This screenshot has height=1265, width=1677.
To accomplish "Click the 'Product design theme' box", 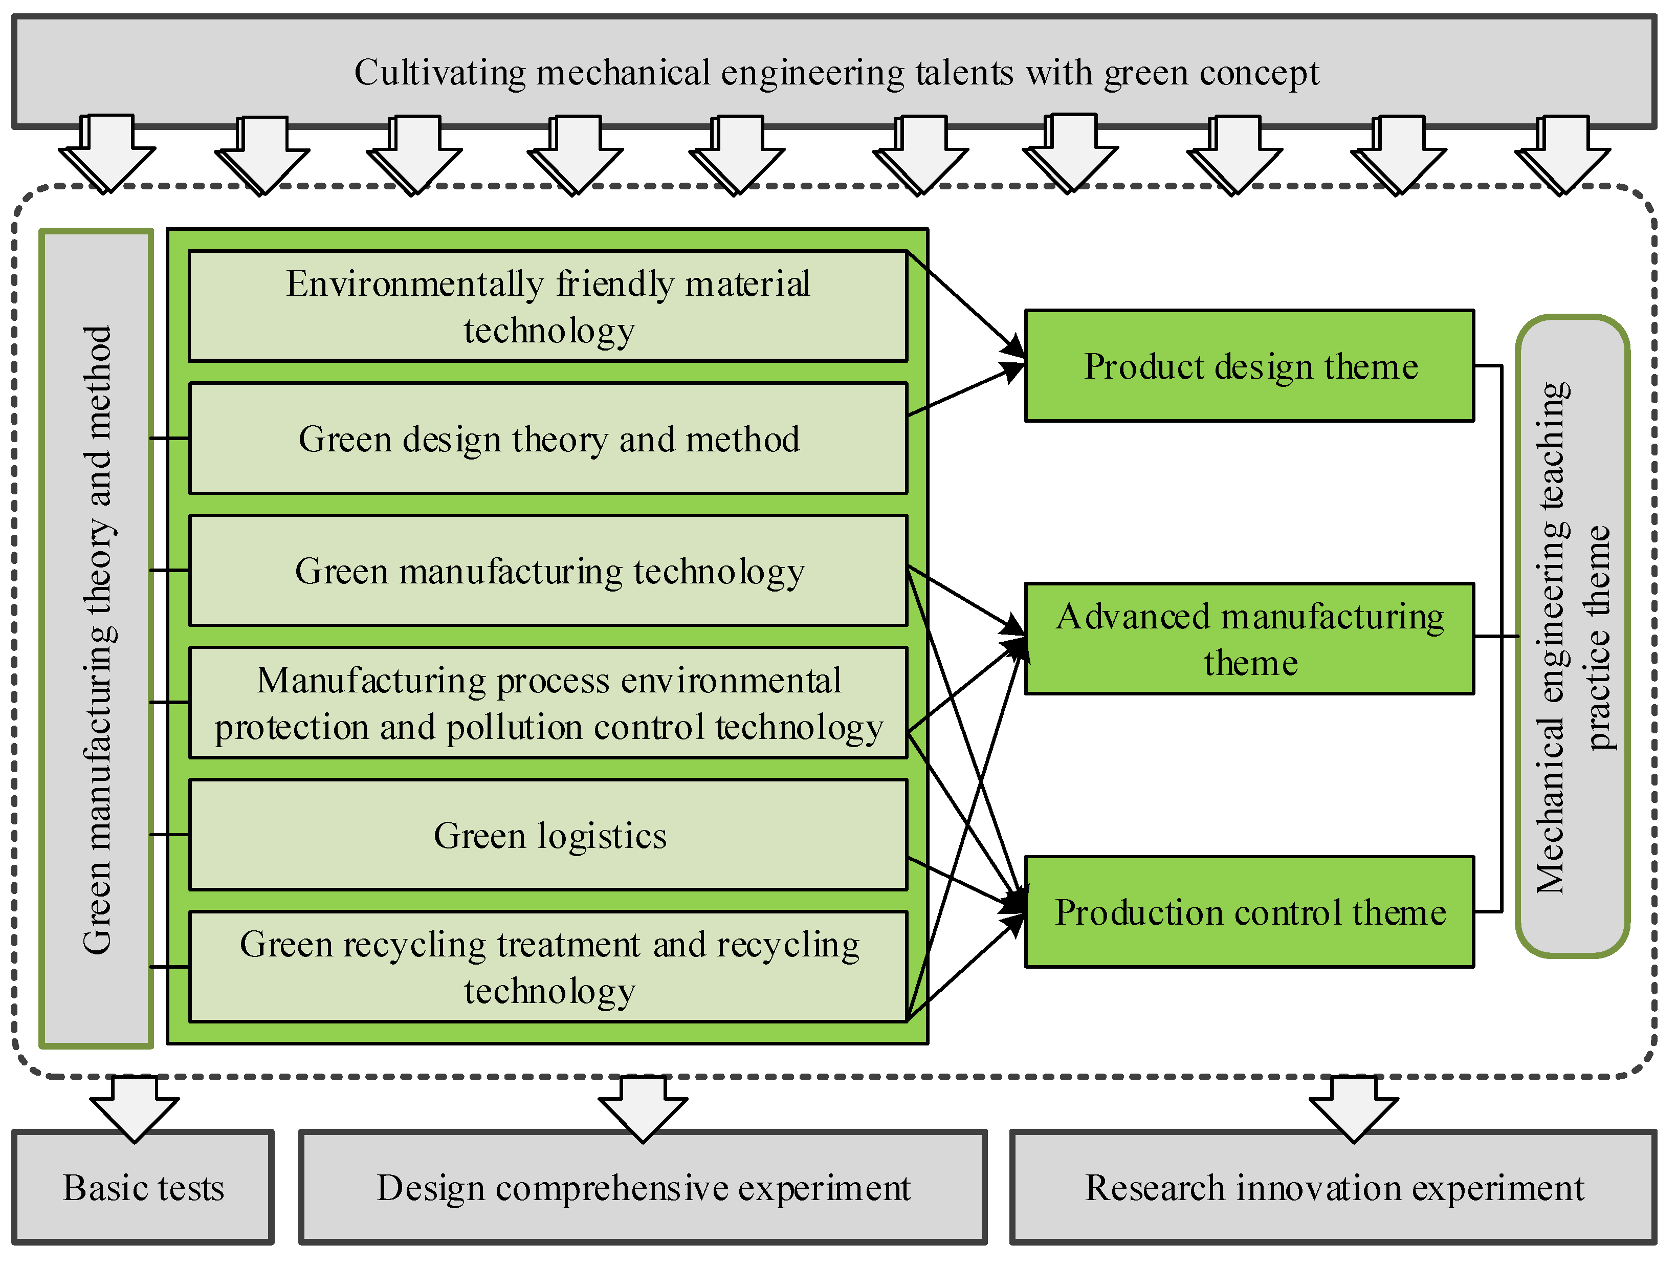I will coord(1249,365).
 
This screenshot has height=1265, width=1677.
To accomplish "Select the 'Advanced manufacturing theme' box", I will coord(1249,639).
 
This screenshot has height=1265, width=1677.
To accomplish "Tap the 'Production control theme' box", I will coord(1249,911).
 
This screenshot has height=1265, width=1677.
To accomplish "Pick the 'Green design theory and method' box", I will coord(548,439).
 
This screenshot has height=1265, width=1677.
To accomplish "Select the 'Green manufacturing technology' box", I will coord(548,570).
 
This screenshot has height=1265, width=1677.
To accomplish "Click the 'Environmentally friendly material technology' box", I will coord(548,307).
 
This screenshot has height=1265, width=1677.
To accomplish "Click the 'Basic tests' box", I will coord(143,1188).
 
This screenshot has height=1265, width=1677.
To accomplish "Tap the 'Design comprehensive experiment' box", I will coord(643,1188).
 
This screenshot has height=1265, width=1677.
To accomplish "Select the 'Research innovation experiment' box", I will coord(1334,1188).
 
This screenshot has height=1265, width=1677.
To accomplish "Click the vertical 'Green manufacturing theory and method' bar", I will coord(97,639).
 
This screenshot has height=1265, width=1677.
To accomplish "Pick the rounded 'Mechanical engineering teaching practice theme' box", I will coord(1572,637).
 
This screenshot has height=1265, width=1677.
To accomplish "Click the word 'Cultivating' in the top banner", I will coord(440,73).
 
